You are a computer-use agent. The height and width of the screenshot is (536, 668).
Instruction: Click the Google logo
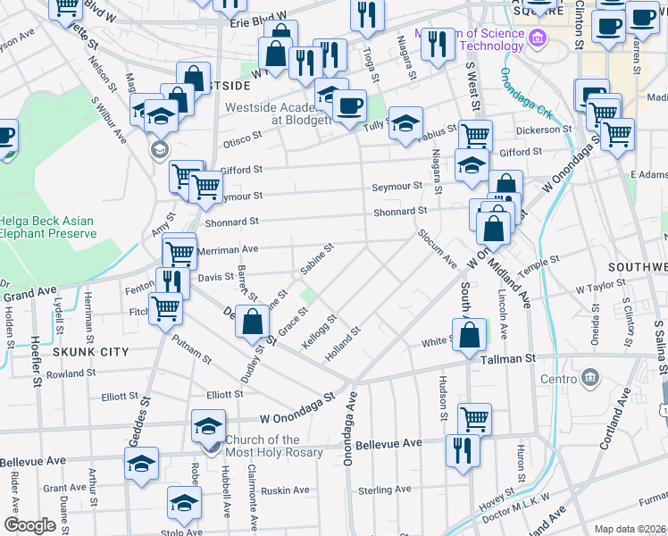point(29,525)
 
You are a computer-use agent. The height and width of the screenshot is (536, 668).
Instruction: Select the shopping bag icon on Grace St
point(254,322)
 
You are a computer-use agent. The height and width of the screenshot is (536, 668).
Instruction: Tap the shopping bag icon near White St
point(470,335)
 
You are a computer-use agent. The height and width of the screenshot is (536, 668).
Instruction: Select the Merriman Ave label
point(229,250)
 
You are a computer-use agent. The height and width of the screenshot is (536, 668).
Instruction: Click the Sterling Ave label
point(384,490)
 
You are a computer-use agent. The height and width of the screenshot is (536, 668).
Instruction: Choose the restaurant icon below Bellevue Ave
point(461,450)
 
